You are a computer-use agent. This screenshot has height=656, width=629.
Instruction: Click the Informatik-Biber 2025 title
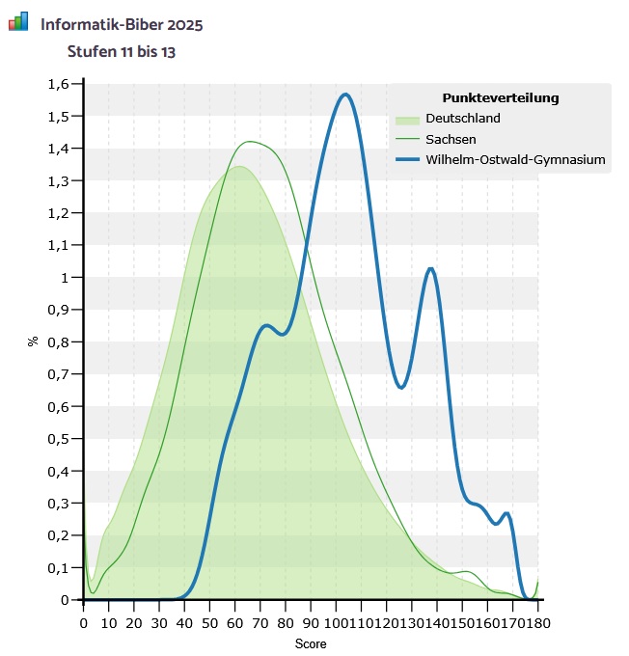[122, 22]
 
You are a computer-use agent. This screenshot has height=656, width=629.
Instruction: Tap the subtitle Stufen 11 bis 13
[121, 50]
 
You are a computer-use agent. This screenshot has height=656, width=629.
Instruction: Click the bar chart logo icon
[18, 21]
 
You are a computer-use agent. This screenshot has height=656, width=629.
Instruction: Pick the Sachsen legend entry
[451, 139]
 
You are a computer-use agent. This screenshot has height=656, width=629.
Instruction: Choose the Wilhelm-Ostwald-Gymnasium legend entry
[515, 160]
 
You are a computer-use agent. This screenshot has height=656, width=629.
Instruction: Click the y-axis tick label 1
[66, 278]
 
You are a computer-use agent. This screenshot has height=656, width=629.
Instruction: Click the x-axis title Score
[311, 642]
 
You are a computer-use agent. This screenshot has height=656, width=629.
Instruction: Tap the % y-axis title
[32, 341]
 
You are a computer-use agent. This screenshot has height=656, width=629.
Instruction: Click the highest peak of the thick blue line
[344, 95]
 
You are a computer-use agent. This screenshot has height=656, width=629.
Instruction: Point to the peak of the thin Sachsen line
[250, 142]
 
